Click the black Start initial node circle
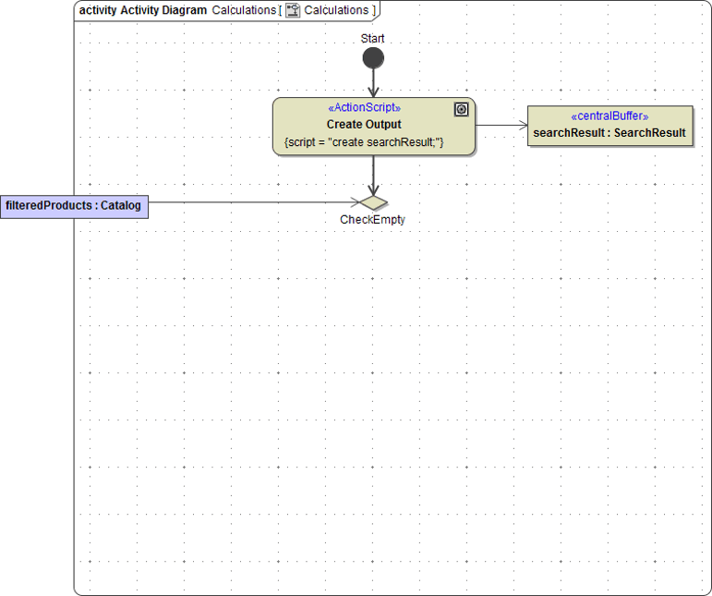click(x=373, y=59)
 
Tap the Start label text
click(x=373, y=39)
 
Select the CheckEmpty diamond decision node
click(x=373, y=202)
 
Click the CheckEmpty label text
click(x=372, y=220)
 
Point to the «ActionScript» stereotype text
click(x=364, y=108)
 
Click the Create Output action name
click(x=364, y=125)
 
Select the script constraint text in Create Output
click(x=364, y=142)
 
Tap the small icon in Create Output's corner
click(x=462, y=109)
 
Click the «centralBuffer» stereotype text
click(x=609, y=116)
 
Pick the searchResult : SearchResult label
click(x=609, y=133)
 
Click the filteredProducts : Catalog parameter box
click(x=74, y=206)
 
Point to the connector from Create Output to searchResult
click(x=501, y=126)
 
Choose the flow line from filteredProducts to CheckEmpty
click(x=249, y=202)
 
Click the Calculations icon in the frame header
click(x=293, y=10)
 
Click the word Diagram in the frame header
click(x=184, y=10)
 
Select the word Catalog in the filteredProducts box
click(x=121, y=206)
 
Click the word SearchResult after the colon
click(x=650, y=133)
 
